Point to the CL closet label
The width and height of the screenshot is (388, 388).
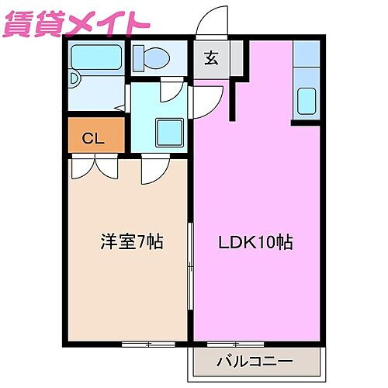pos(94,139)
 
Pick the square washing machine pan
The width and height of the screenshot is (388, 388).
pos(167,130)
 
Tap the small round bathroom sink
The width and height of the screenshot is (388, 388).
pos(74,78)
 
